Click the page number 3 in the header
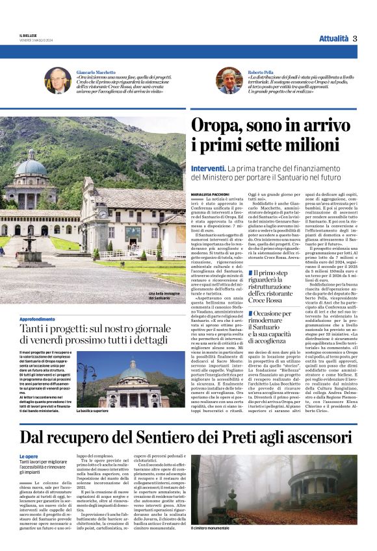pos(355,38)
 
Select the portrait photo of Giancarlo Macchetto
pos(57,80)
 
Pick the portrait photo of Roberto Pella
pos(229,80)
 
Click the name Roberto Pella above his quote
pos(259,72)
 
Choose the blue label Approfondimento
pos(38,320)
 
